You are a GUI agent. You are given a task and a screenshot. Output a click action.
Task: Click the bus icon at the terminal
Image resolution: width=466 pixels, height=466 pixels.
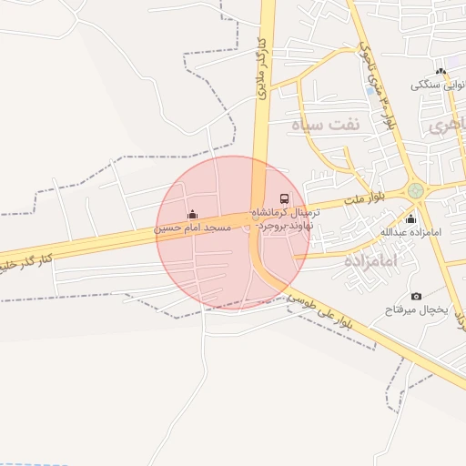[x=284, y=198]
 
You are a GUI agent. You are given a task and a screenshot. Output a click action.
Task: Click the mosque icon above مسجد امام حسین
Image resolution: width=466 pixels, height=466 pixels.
[x=191, y=215]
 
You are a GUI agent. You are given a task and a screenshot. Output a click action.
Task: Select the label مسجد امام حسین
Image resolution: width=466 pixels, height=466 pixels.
[x=191, y=228]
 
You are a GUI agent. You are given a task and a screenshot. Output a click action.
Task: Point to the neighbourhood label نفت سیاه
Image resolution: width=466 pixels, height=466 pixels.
[x=326, y=123]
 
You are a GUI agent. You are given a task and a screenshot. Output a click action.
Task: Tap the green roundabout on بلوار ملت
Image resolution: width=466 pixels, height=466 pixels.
[x=416, y=190]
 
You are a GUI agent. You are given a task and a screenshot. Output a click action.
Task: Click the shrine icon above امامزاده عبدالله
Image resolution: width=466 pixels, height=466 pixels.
[x=410, y=218]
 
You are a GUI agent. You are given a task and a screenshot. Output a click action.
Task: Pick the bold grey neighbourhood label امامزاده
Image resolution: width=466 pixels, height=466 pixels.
[x=372, y=260]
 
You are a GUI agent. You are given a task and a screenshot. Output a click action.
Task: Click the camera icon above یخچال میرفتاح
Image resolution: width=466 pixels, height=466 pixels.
[x=416, y=296]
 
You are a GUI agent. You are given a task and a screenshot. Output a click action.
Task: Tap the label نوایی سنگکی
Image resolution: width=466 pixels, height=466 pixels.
[x=435, y=85]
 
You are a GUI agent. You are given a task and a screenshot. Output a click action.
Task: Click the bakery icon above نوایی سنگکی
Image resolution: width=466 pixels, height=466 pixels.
[x=441, y=71]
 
